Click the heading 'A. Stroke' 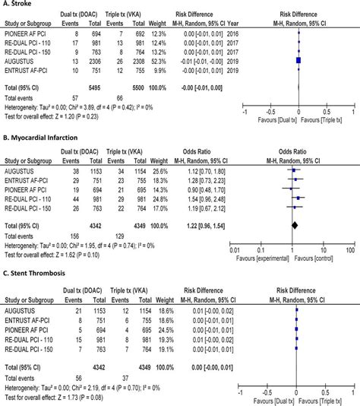pyautogui.click(x=17, y=5)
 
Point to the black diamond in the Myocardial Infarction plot pyautogui.click(x=294, y=225)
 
